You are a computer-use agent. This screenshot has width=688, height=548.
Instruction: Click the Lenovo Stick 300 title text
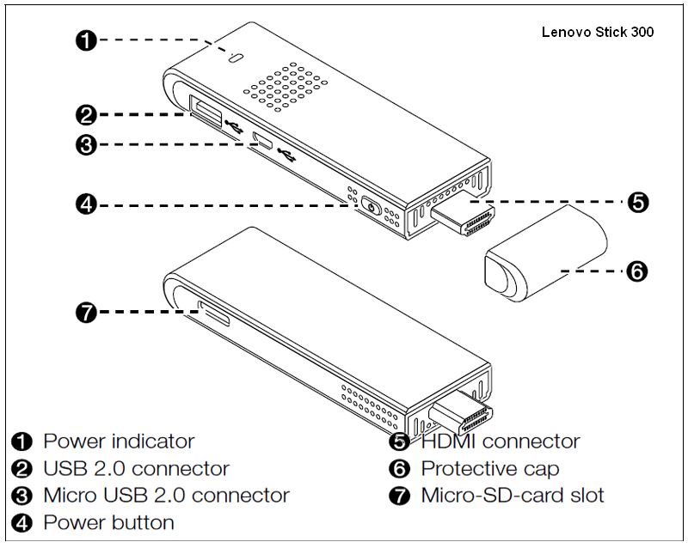[x=598, y=33]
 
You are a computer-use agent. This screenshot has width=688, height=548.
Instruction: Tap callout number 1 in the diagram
[x=86, y=40]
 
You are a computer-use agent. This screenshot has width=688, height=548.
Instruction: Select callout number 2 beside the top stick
[x=86, y=114]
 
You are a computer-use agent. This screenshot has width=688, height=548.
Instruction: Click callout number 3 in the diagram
[x=86, y=144]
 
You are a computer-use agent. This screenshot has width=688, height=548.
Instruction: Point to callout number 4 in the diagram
[x=86, y=204]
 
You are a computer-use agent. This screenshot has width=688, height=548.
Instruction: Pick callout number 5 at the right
[x=637, y=203]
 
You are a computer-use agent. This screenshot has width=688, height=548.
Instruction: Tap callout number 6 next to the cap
[x=637, y=271]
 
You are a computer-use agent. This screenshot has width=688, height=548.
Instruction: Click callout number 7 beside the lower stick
[x=86, y=313]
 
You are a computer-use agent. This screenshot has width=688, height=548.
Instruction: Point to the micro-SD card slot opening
[x=214, y=314]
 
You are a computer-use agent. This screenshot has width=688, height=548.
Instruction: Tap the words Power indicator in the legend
[x=119, y=441]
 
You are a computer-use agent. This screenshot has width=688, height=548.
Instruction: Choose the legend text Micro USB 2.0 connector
[x=166, y=496]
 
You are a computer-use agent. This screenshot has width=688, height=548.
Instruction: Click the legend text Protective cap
[x=489, y=469]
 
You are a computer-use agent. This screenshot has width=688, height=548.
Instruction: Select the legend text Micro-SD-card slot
[x=513, y=496]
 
